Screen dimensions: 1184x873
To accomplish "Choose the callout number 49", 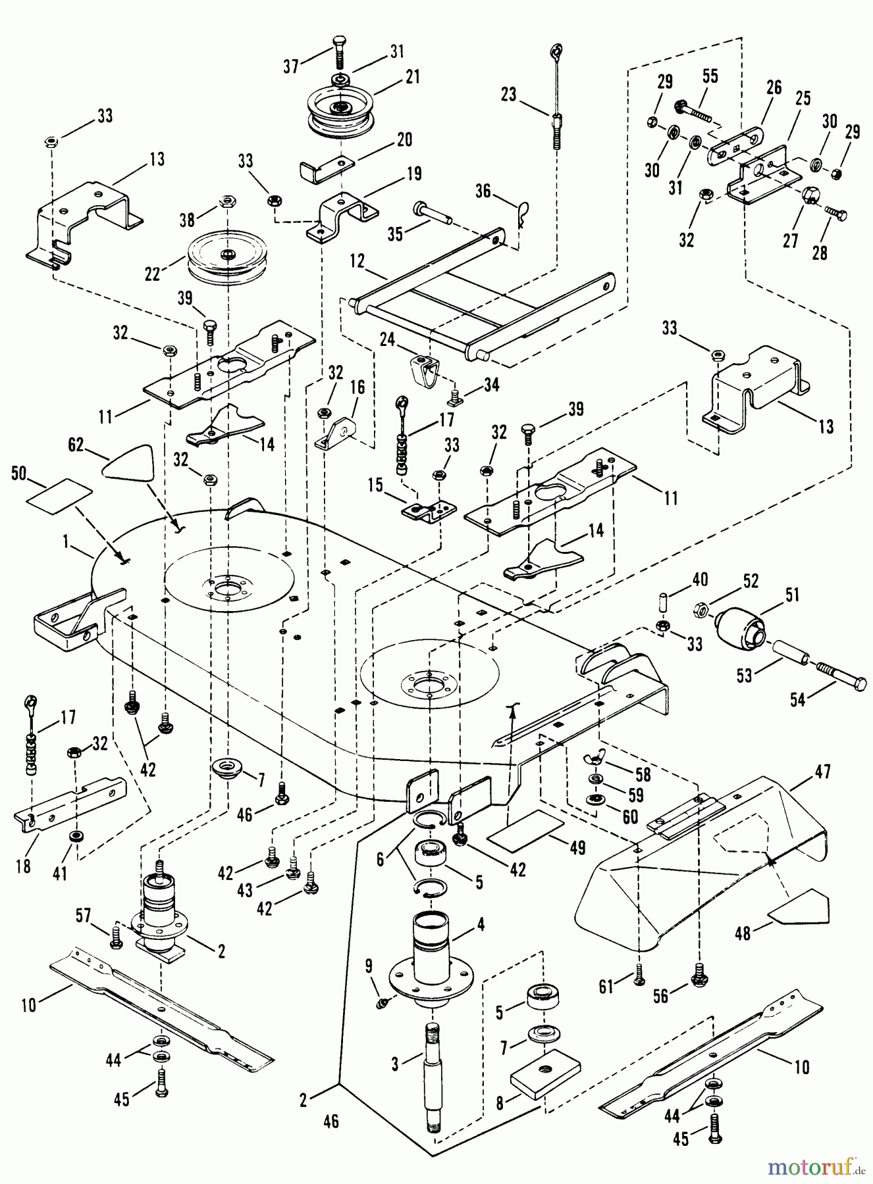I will [577, 848].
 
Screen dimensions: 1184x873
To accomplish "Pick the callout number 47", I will [822, 771].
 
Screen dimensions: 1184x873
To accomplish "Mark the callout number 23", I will [508, 94].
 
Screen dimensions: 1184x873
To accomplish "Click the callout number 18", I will [24, 866].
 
